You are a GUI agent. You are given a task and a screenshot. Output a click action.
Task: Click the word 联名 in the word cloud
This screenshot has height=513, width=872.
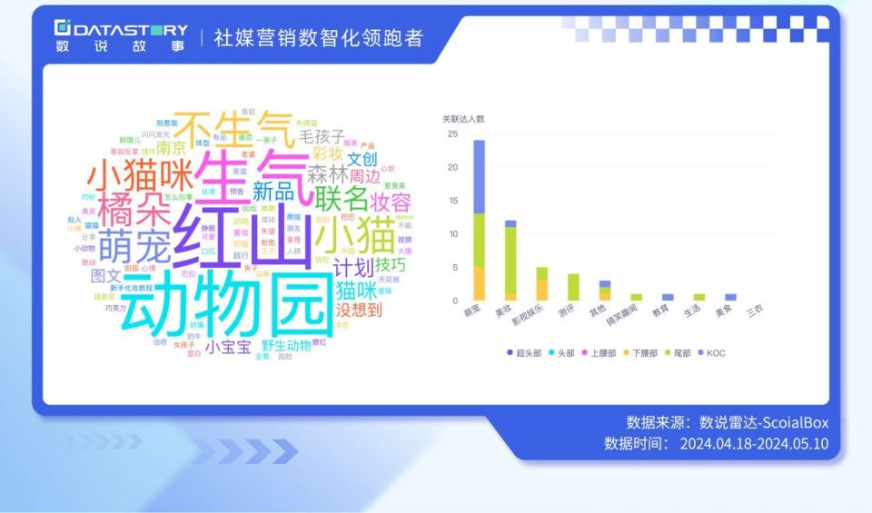click(342, 197)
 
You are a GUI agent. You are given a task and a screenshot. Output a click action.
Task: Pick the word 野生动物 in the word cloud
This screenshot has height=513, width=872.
click(286, 345)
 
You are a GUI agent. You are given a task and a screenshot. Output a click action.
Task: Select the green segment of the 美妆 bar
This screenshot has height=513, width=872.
click(510, 260)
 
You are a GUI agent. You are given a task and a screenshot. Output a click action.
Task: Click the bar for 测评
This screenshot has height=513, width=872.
click(573, 287)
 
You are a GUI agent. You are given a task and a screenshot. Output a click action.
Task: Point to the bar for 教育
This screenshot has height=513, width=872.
click(668, 297)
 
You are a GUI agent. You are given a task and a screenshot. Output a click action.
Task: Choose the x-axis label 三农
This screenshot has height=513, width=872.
click(755, 311)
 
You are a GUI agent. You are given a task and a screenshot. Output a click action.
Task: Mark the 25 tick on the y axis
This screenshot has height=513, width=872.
click(452, 133)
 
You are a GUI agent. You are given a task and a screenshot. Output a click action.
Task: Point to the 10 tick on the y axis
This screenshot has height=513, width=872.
click(452, 234)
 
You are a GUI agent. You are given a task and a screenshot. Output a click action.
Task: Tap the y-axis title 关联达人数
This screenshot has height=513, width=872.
click(463, 119)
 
